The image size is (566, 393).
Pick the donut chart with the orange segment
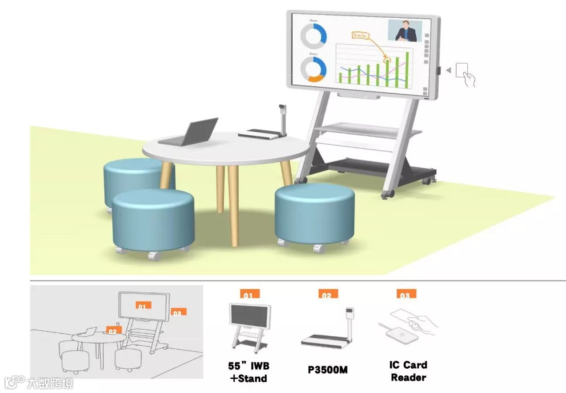coord(313,69)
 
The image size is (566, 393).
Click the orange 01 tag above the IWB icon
coord(249,294)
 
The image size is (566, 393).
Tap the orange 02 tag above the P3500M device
coord(328,294)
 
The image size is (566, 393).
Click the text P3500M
coord(328,370)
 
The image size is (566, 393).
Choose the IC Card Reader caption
coord(408,371)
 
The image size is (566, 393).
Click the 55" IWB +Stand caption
coord(249,372)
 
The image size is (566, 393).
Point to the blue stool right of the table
coord(314,215)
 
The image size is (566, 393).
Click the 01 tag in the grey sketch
coord(141,305)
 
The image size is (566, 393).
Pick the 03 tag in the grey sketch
coord(178,312)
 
